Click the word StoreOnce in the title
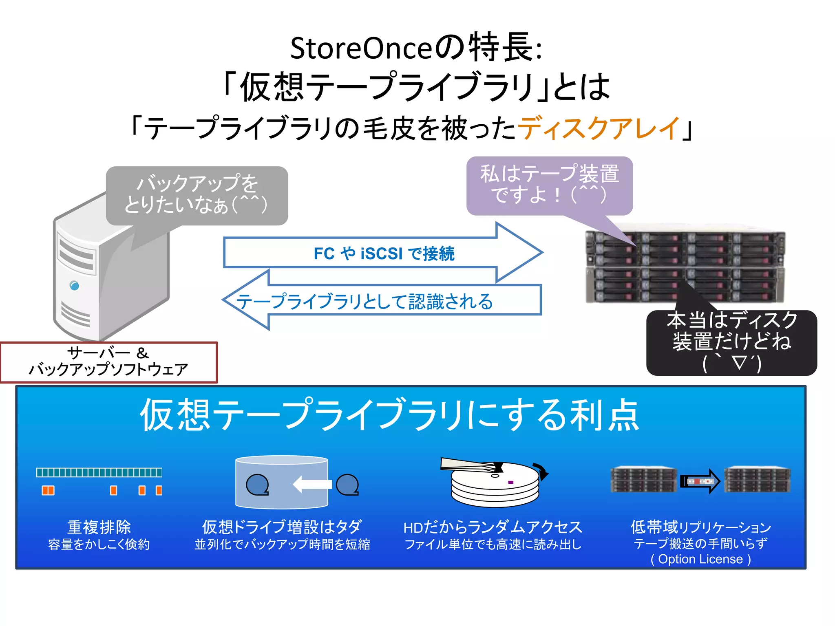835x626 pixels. click(x=361, y=48)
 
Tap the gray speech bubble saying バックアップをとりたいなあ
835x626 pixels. click(x=197, y=195)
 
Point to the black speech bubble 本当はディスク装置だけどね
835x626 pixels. click(x=731, y=342)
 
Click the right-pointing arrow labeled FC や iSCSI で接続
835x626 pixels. click(x=383, y=253)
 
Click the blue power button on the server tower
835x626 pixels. click(x=74, y=285)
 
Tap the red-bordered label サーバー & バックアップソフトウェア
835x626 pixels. click(x=108, y=361)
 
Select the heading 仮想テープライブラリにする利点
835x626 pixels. click(x=389, y=415)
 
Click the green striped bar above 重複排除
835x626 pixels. click(x=99, y=472)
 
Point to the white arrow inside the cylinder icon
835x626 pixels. click(x=312, y=484)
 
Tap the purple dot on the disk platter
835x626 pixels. click(x=510, y=482)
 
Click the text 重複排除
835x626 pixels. click(x=99, y=527)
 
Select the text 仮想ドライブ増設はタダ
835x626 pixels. click(x=282, y=527)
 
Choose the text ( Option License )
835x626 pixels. click(x=700, y=559)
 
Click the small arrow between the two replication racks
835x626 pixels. click(x=700, y=481)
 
